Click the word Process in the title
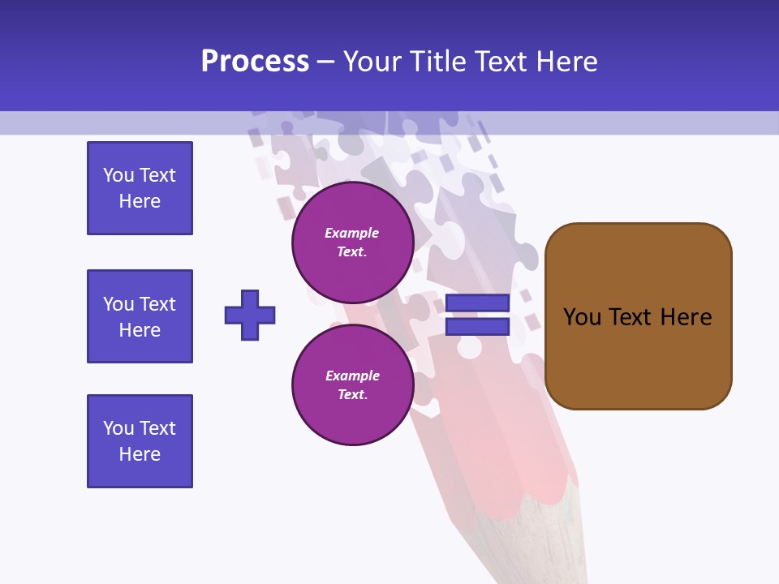[255, 61]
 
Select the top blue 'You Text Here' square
[140, 188]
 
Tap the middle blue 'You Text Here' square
[140, 316]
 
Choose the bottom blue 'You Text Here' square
[140, 441]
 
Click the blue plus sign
[250, 315]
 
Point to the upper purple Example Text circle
[352, 242]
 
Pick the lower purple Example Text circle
[352, 384]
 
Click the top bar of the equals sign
[477, 303]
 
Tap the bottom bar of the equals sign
[477, 327]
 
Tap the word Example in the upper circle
[352, 233]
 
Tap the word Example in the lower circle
[352, 376]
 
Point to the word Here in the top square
[140, 201]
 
